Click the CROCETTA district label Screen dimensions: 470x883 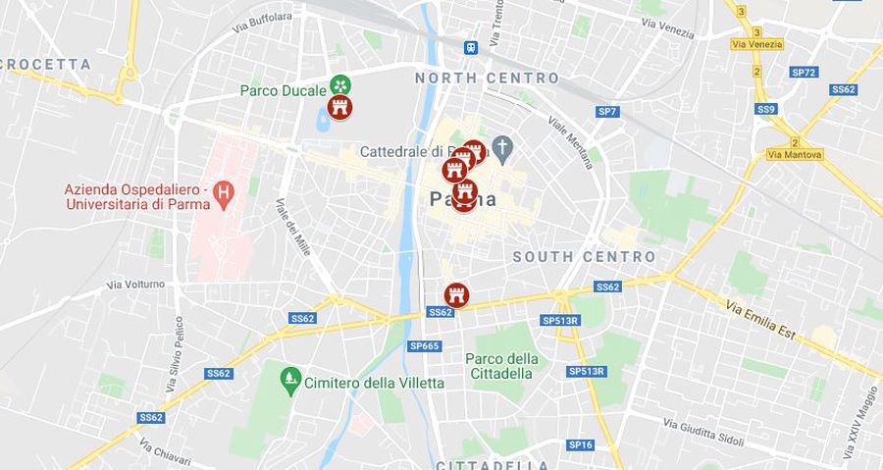coord(47,65)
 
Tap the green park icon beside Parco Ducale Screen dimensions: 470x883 coord(339,85)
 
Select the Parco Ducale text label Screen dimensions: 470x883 coord(283,90)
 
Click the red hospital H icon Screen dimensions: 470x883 coord(225,189)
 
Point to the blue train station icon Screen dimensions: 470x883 coord(472,46)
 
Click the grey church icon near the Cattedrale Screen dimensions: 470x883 coord(502,149)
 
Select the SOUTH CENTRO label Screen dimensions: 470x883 coord(584,257)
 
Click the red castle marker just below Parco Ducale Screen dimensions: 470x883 coord(340,108)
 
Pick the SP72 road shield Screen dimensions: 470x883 coord(804,73)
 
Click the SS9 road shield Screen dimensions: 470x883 coord(766,109)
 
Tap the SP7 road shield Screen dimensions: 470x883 coord(607,112)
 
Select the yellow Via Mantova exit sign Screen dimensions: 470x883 coord(795,155)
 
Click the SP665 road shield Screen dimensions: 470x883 coord(425,345)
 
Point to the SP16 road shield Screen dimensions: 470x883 coord(580,444)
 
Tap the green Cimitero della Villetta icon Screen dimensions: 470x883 coord(289,377)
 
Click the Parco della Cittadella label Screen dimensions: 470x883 coord(501,366)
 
